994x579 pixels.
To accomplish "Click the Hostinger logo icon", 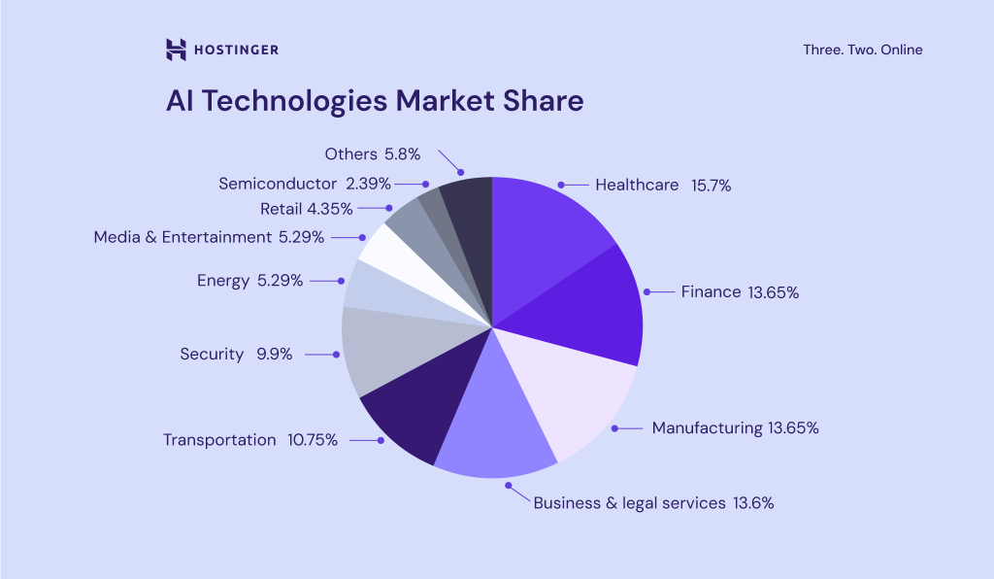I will point(176,50).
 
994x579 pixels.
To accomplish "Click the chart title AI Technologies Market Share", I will point(375,102).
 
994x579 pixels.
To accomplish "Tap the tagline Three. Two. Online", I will point(862,50).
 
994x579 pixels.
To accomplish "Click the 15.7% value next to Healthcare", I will point(711,185).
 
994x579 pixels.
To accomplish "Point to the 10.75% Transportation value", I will point(313,440).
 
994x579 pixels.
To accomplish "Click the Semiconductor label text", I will point(278,183).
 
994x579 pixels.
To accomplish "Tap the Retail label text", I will point(281,208).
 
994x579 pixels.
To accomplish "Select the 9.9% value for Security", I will point(274,355).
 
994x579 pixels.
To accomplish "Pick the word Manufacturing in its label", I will point(707,427).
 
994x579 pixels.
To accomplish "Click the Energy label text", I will point(223,281).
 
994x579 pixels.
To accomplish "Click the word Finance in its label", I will point(711,291).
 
